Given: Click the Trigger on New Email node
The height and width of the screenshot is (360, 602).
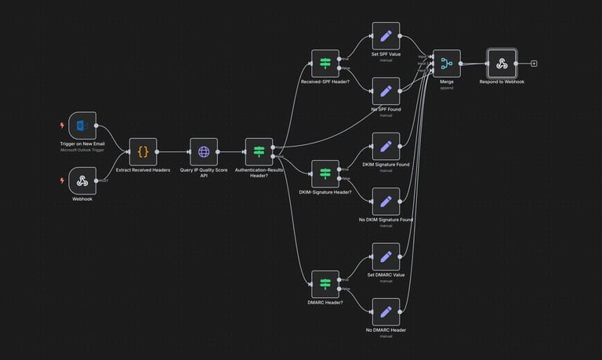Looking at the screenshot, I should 82,125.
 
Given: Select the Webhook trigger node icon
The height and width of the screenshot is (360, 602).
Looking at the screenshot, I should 82,181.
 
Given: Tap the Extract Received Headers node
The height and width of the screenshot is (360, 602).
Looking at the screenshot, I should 143,152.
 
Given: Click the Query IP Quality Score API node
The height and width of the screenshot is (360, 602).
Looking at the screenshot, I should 204,152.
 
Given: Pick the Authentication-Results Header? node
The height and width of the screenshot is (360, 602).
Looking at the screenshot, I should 259,152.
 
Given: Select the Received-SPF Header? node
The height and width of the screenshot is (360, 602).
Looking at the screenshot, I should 325,64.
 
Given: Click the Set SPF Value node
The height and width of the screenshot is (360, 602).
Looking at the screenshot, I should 386,36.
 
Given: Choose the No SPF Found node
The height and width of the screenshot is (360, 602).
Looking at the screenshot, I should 386,91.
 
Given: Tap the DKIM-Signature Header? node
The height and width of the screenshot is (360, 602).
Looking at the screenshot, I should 325,173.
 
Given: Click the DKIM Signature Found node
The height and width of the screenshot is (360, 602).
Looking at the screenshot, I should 386,146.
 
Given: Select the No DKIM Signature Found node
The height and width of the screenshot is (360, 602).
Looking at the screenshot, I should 386,202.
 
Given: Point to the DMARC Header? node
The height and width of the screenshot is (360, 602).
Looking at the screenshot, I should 325,284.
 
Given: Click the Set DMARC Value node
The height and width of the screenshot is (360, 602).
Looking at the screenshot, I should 386,256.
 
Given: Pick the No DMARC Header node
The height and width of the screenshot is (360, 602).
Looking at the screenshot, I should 386,312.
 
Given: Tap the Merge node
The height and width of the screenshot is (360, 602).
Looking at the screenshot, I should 447,64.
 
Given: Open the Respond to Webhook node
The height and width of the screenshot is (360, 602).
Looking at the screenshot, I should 502,64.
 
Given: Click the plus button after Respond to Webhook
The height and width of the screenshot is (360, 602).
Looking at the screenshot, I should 534,64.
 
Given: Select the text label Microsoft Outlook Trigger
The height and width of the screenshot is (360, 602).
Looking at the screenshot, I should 82,150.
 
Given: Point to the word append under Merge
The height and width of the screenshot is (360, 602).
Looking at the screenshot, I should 447,88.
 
